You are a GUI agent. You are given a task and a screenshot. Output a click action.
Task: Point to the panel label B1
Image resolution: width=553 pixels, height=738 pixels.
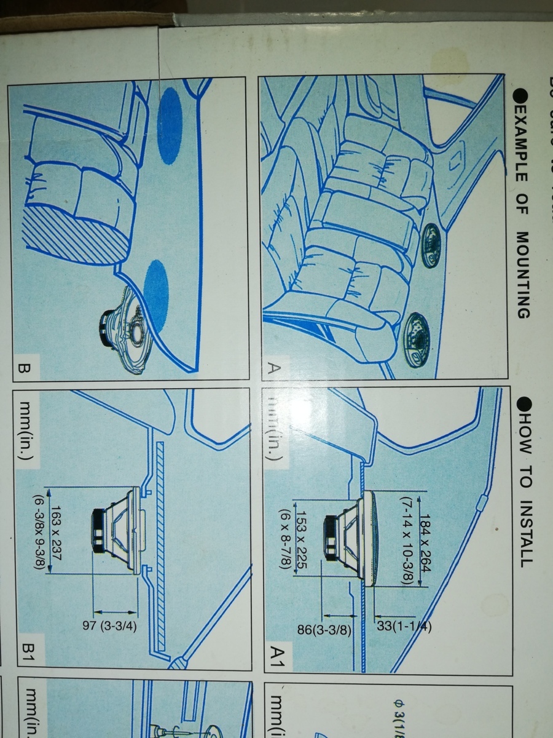pyautogui.click(x=29, y=654)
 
